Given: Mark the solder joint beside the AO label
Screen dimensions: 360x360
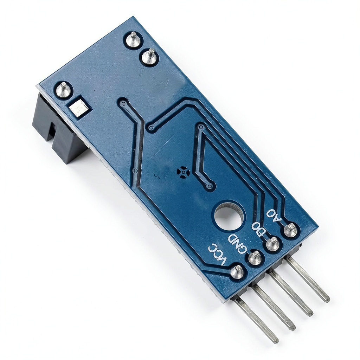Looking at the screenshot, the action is (x=291, y=230).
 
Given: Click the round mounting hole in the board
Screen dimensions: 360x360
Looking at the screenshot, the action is (x=229, y=215).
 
